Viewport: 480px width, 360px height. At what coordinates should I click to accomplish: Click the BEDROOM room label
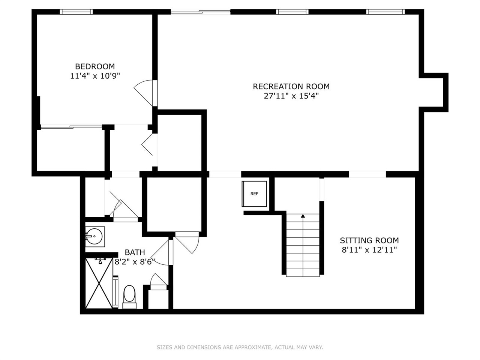[95, 66]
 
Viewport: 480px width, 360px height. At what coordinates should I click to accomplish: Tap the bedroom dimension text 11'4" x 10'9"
[95, 76]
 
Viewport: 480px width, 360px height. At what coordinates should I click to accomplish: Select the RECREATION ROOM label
[291, 86]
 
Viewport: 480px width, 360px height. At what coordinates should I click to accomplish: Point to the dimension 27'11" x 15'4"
[291, 96]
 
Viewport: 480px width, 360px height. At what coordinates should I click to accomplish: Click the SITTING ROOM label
[369, 240]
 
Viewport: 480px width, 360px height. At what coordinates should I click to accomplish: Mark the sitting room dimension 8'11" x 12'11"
[369, 250]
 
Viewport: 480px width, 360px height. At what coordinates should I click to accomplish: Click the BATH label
[135, 252]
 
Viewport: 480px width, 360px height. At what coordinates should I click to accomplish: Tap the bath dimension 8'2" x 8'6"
[135, 262]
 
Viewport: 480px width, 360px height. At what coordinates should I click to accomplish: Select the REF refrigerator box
[254, 193]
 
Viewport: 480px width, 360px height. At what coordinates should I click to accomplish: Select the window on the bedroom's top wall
[76, 12]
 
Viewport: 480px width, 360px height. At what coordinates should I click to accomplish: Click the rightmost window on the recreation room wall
[385, 12]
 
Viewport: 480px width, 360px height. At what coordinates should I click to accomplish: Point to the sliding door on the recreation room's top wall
[201, 12]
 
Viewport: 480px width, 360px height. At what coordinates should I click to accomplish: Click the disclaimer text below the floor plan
[240, 347]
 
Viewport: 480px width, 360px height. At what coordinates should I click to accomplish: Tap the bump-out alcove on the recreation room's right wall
[435, 92]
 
